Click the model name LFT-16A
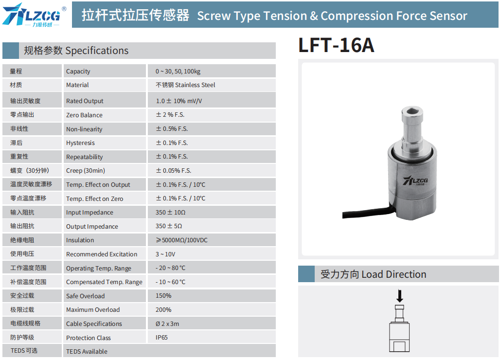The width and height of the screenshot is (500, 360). pos(336,45)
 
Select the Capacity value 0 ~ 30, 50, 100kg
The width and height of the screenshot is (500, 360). pos(178,72)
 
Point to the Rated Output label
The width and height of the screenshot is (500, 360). pos(85,101)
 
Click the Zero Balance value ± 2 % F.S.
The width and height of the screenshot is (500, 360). pos(170,115)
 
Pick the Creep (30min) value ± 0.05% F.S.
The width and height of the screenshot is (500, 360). pos(174,171)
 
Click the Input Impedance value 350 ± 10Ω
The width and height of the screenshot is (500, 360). pos(171,213)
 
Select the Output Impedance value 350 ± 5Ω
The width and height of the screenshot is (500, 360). pos(169,226)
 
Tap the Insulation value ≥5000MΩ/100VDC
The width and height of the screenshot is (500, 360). pos(181,240)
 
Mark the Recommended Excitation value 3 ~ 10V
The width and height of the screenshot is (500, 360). pos(165,254)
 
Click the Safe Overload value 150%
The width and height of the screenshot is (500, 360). pos(163,296)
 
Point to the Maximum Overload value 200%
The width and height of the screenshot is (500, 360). pos(163,309)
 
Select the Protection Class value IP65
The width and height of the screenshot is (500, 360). pos(161,338)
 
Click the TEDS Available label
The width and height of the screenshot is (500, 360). pos(87,351)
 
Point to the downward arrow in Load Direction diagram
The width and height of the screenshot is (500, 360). pos(400,296)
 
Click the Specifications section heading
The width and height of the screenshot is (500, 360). pos(76,51)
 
